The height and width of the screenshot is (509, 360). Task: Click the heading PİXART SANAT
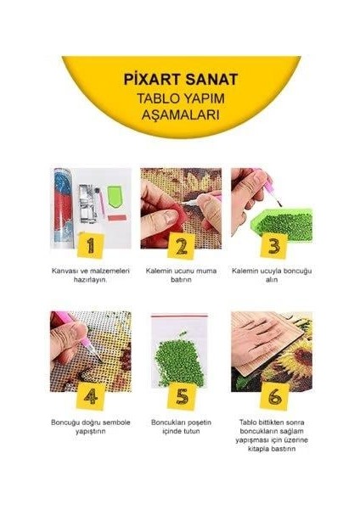[x=179, y=78]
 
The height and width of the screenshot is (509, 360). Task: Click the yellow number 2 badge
[x=180, y=246]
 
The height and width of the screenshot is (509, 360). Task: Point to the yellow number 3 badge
[x=273, y=246]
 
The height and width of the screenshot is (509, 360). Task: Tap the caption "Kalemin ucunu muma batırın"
[x=179, y=277]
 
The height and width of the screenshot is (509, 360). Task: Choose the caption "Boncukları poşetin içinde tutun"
[x=179, y=427]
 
